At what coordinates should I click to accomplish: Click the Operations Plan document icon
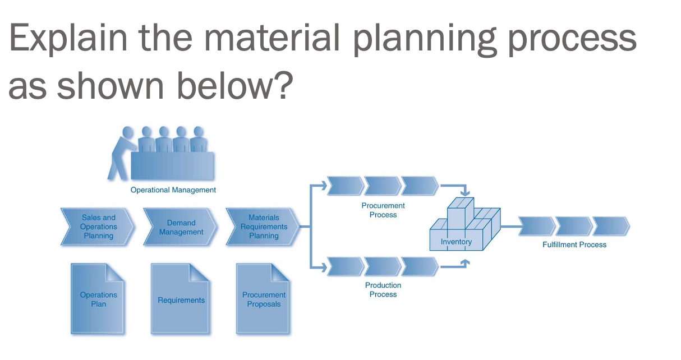point(98,299)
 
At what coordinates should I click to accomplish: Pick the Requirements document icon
point(181,299)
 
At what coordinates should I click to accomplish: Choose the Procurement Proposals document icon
point(264,299)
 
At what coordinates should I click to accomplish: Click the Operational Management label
point(173,190)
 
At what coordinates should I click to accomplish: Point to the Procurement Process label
point(383,210)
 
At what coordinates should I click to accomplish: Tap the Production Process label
point(383,290)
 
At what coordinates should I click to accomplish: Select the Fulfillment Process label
point(574,244)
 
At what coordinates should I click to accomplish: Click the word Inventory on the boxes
point(456,242)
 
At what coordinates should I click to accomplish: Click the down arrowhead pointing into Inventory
point(464,193)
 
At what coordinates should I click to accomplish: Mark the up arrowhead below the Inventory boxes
point(464,261)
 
